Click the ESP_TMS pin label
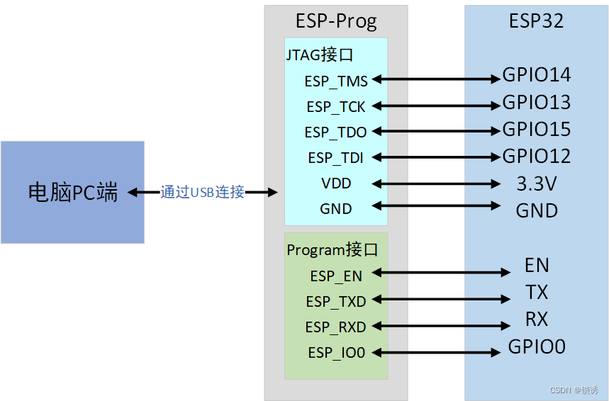[336, 81]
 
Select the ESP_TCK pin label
[336, 107]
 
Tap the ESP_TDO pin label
[336, 132]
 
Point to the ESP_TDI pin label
[336, 158]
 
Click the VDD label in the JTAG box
[336, 183]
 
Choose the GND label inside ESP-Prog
[336, 209]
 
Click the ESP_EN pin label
[336, 276]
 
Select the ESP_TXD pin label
[336, 302]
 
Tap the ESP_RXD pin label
[336, 327]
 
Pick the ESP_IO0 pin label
[336, 352]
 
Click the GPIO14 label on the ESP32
[537, 75]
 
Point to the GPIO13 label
[537, 103]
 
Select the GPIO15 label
[537, 130]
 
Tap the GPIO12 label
[537, 156]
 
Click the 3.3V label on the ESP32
[537, 184]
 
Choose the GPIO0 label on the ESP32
[537, 347]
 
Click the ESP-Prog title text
[336, 21]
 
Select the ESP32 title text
[537, 21]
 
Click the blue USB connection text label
[203, 192]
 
